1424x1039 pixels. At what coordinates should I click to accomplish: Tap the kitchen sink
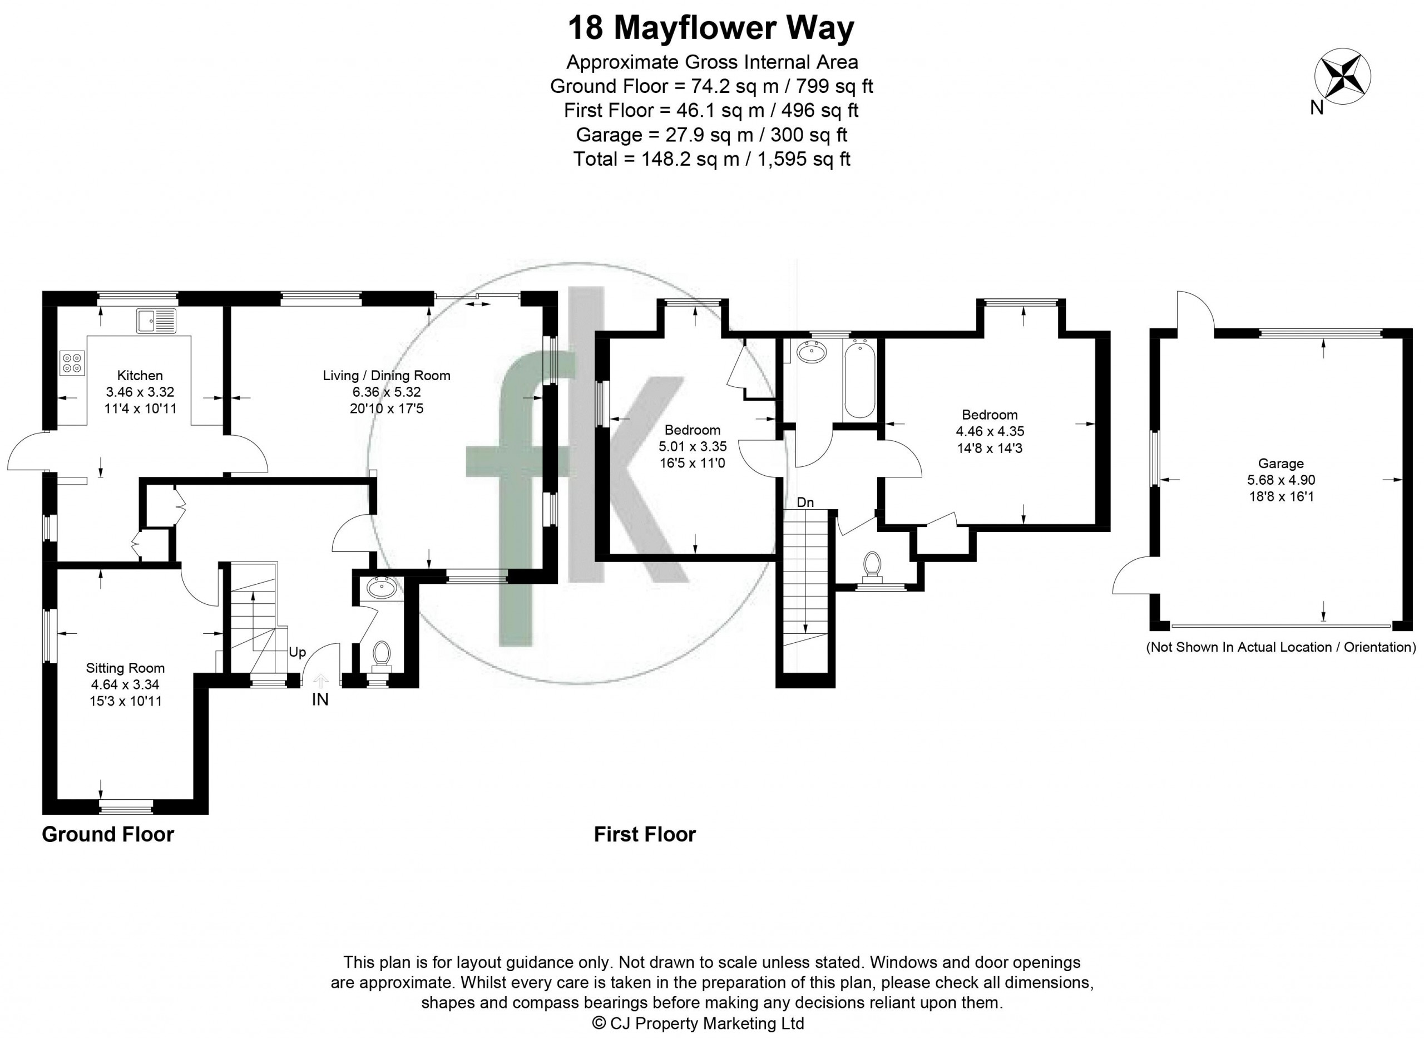click(156, 321)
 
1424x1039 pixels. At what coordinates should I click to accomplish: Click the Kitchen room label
click(140, 376)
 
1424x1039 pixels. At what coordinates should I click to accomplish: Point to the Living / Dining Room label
click(387, 376)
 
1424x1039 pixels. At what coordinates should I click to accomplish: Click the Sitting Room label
click(126, 668)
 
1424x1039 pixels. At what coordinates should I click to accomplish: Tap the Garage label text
click(1280, 464)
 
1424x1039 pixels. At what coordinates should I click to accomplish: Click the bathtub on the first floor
click(858, 378)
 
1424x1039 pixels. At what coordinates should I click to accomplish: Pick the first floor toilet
click(872, 565)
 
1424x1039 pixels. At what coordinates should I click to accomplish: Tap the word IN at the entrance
click(320, 700)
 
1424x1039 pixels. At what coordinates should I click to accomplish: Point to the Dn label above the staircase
click(805, 503)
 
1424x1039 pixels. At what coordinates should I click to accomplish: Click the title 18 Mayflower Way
click(711, 28)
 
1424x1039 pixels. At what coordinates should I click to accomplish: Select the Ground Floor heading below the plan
click(108, 835)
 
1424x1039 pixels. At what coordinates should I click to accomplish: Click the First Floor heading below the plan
click(645, 835)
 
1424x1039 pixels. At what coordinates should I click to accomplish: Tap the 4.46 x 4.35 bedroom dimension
click(990, 431)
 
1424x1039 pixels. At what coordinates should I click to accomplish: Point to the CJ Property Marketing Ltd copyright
click(699, 1023)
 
